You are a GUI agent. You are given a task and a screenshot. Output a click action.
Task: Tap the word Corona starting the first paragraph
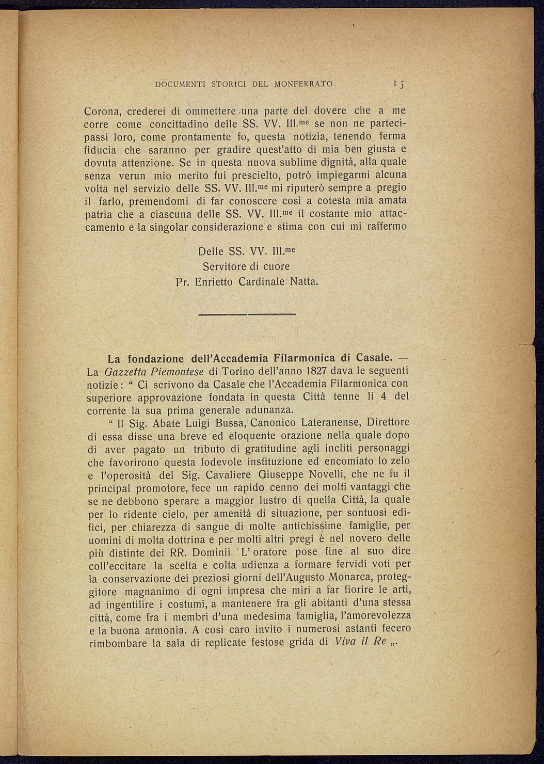coord(103,111)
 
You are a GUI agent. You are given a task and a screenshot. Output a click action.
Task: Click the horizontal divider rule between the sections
coord(247,314)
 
